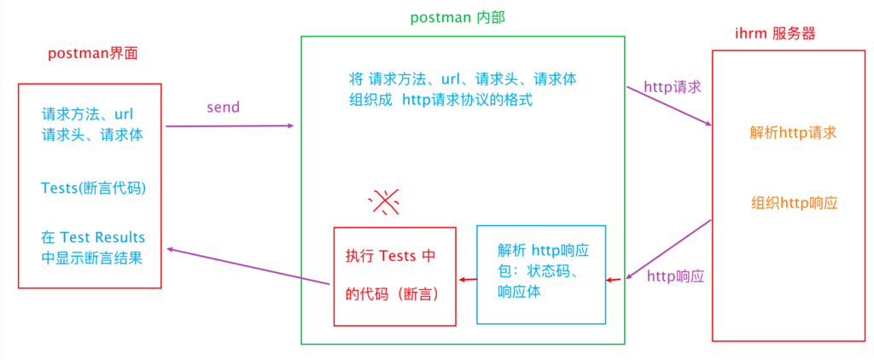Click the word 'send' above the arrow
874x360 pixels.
(224, 107)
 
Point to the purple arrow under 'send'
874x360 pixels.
(229, 126)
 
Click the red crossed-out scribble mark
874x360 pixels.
(385, 201)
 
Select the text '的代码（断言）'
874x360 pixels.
(392, 293)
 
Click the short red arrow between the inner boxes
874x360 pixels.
(465, 279)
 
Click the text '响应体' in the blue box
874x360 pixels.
(518, 291)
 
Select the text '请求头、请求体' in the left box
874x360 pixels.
(92, 134)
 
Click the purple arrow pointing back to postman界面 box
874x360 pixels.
(248, 266)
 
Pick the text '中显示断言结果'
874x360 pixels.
(91, 257)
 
